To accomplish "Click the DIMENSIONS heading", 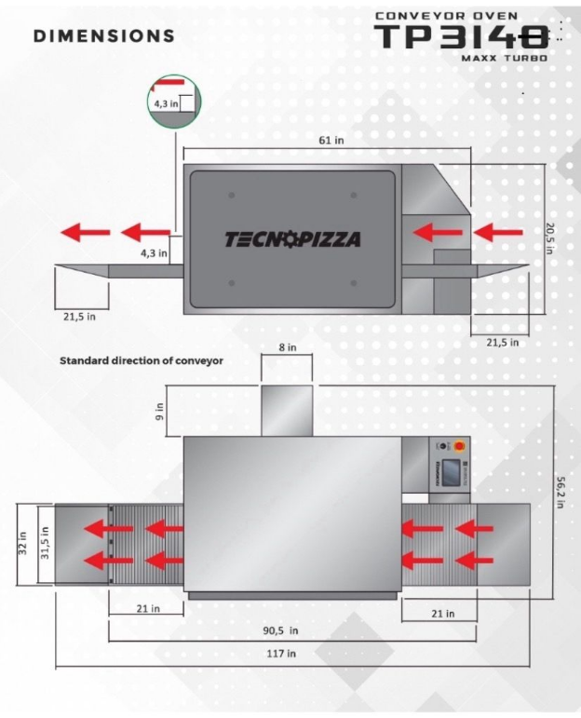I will tap(103, 36).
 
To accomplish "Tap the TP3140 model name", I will tap(462, 37).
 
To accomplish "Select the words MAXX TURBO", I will tap(504, 58).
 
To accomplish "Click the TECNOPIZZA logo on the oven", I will tap(292, 239).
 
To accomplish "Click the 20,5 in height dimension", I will tap(550, 241).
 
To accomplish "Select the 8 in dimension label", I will tap(288, 347).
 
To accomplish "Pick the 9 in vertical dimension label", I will tap(160, 410).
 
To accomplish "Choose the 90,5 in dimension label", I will tap(279, 630).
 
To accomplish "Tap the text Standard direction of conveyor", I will tap(142, 359).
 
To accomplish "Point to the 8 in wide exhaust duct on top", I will tap(287, 410).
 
